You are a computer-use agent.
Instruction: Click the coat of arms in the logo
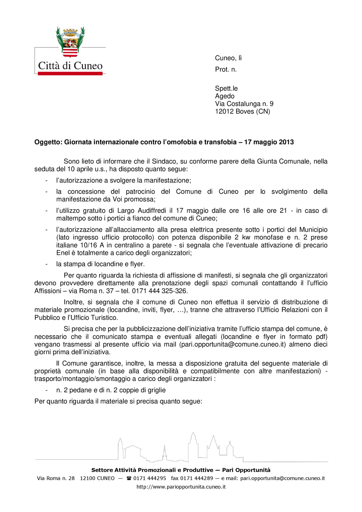70,42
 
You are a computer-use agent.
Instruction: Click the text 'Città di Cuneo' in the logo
70,66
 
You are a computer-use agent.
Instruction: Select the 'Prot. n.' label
226,70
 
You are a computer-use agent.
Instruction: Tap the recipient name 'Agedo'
225,96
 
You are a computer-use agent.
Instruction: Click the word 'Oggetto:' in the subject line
48,142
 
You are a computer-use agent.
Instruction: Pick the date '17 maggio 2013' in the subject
269,142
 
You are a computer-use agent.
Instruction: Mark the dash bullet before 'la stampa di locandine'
46,264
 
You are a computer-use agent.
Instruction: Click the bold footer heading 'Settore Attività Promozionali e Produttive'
152,470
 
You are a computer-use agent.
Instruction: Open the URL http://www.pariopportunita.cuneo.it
181,487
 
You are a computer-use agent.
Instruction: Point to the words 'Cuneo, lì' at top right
228,58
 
